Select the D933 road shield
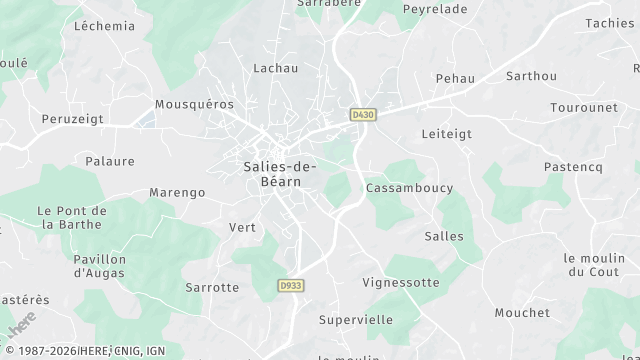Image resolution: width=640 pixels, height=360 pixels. point(289,286)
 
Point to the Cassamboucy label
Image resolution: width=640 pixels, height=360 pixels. point(409,188)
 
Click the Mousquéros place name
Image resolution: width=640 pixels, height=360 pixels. point(194,104)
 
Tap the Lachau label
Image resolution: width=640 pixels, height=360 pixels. point(276,68)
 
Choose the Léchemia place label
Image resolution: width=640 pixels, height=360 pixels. point(104,26)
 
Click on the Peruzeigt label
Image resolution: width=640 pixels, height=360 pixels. point(72,119)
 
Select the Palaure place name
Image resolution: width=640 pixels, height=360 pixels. point(110,161)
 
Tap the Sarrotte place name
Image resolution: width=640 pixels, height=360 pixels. point(212,287)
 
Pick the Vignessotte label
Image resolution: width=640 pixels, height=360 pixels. point(400,283)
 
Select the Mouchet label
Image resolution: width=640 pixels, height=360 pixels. point(521,313)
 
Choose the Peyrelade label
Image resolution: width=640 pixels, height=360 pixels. point(434,9)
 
